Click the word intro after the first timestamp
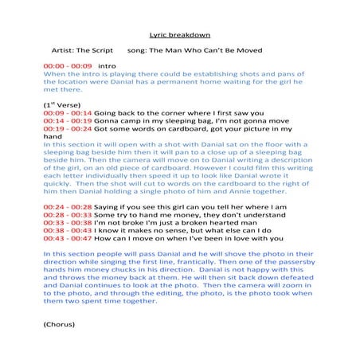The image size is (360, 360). pos(106,65)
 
